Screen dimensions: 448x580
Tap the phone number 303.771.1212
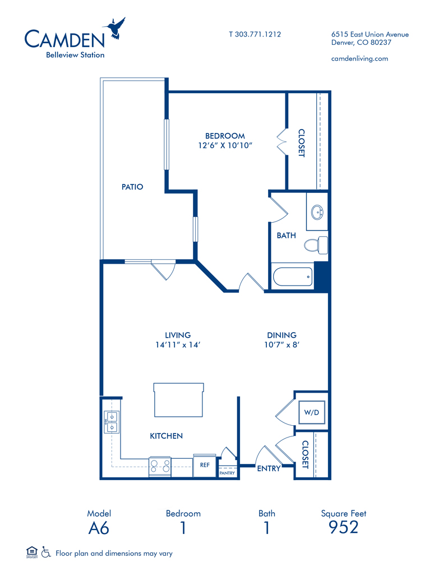(x=258, y=34)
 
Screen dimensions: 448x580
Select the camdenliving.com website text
(x=359, y=58)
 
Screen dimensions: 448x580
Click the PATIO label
(x=132, y=187)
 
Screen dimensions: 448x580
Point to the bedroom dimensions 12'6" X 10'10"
(x=225, y=145)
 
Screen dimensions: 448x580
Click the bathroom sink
(x=317, y=213)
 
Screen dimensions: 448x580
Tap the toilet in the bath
(x=316, y=245)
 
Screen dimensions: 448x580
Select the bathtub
(x=292, y=277)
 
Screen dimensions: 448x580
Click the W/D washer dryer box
(x=312, y=412)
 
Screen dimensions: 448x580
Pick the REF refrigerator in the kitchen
(x=205, y=466)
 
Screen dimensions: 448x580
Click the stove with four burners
(x=160, y=467)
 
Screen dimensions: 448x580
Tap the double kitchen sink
(x=112, y=422)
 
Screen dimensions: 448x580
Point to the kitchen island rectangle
(x=178, y=400)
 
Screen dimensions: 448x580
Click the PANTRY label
(x=227, y=473)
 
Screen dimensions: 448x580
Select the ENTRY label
(x=269, y=469)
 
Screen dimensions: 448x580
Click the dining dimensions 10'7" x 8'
(x=281, y=345)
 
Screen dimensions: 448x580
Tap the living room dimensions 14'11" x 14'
(x=178, y=345)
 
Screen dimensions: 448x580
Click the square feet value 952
(x=344, y=527)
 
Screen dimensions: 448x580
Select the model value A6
(x=99, y=528)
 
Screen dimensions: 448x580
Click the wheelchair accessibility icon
(x=46, y=553)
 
